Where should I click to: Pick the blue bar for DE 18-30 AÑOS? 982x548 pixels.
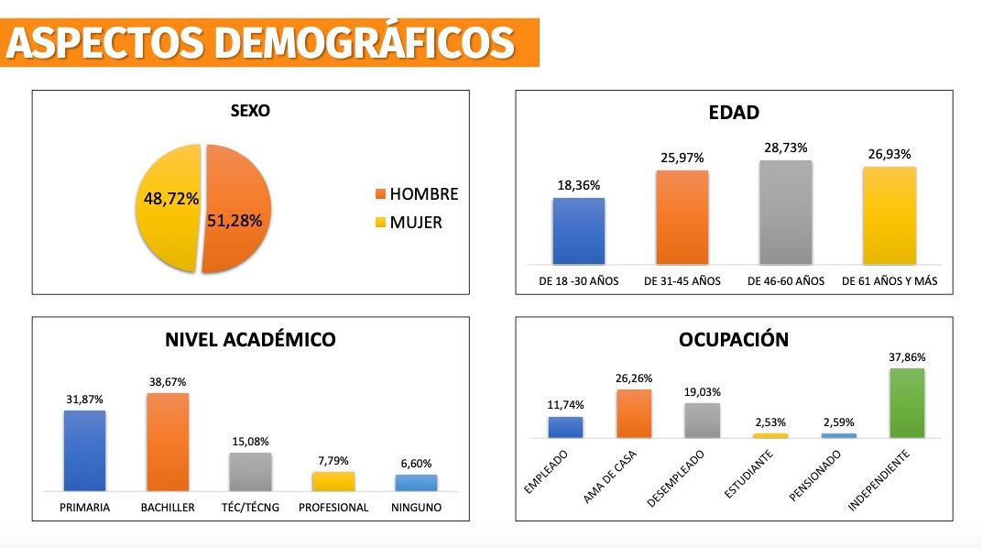pyautogui.click(x=578, y=231)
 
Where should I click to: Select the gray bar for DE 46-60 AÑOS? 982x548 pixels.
pyautogui.click(x=786, y=213)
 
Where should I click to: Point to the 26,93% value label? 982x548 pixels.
pyautogui.click(x=889, y=154)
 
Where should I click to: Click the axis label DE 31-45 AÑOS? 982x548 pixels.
pyautogui.click(x=682, y=280)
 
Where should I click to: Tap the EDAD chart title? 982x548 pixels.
pyautogui.click(x=734, y=114)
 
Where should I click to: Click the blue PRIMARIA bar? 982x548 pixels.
pyautogui.click(x=84, y=450)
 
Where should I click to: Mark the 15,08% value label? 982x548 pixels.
pyautogui.click(x=250, y=441)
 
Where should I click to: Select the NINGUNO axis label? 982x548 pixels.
pyautogui.click(x=416, y=507)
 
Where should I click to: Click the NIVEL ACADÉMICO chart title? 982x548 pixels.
pyautogui.click(x=250, y=340)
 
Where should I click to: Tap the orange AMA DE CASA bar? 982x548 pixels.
pyautogui.click(x=634, y=413)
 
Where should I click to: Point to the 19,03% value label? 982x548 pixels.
pyautogui.click(x=702, y=391)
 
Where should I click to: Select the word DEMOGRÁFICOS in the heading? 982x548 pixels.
pyautogui.click(x=356, y=43)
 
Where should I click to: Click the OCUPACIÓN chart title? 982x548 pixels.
pyautogui.click(x=734, y=340)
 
